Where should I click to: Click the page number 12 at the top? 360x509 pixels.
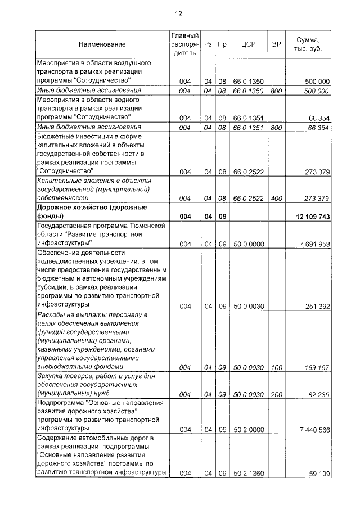point(179,13)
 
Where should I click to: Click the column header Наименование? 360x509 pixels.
point(102,44)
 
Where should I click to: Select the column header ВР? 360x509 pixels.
point(276,44)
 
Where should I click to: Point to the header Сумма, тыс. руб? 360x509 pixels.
point(308,44)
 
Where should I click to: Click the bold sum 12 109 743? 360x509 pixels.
point(312,217)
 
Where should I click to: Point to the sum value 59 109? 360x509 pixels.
point(319,474)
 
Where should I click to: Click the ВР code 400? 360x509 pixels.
point(276,199)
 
